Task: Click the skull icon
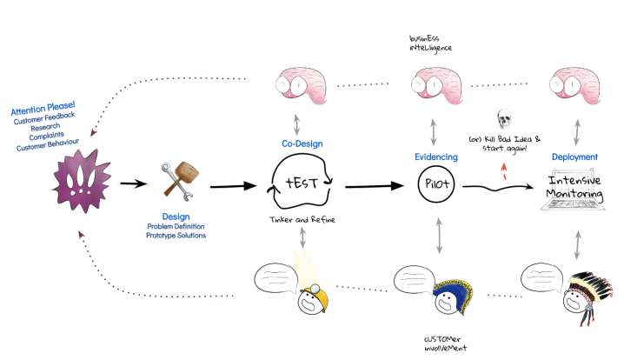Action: tap(504, 118)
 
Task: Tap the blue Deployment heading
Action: tap(574, 157)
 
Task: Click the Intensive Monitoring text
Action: tap(574, 184)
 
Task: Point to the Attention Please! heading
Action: tap(43, 110)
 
